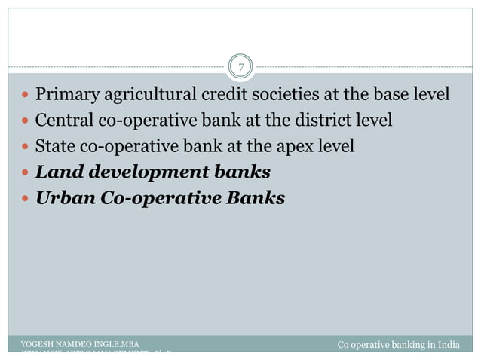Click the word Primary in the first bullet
coord(66,96)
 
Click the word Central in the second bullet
coord(63,121)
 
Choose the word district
coord(322,121)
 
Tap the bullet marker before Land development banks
coord(26,173)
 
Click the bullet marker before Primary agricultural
coord(26,96)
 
